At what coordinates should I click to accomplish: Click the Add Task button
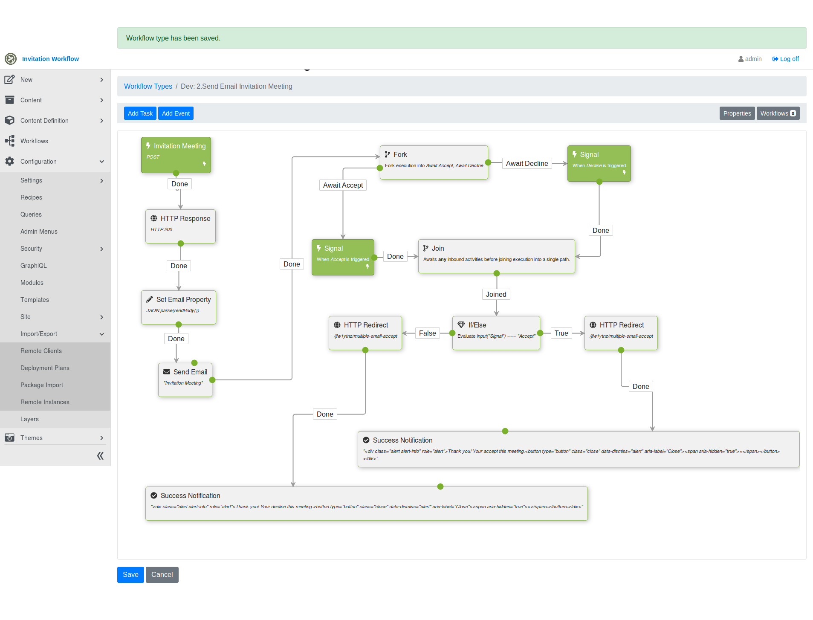click(x=140, y=113)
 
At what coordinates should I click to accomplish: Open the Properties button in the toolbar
click(x=737, y=113)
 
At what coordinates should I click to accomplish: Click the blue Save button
click(x=130, y=575)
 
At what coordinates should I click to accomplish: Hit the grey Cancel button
click(x=162, y=575)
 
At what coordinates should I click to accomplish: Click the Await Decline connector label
click(x=527, y=164)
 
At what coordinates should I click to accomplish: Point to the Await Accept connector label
click(x=343, y=185)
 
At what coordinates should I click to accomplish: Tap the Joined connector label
click(x=496, y=295)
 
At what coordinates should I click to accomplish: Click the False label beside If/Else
click(x=427, y=333)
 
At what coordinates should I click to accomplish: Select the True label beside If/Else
click(x=561, y=333)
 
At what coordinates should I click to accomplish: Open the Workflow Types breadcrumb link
click(x=148, y=87)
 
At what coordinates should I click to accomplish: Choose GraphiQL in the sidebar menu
click(x=34, y=266)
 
